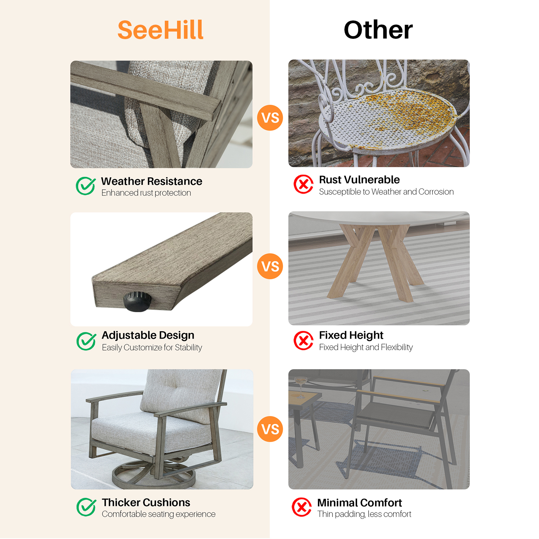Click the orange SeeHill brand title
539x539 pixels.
coord(160,30)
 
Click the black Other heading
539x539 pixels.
coord(378,30)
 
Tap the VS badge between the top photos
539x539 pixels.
coord(270,118)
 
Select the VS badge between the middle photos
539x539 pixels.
coord(270,266)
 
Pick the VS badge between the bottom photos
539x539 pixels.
coord(270,429)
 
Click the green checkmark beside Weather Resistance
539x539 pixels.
coord(86,186)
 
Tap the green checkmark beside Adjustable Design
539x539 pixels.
coord(86,341)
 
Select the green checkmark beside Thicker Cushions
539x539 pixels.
coord(86,507)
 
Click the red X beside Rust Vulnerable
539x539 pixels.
coord(304,184)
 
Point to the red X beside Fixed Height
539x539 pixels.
coord(304,340)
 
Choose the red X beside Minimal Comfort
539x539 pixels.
coord(302,507)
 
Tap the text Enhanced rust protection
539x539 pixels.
coord(146,193)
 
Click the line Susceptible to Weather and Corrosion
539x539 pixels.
coord(386,192)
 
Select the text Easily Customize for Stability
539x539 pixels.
coord(152,347)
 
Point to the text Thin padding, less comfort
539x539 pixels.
coord(364,514)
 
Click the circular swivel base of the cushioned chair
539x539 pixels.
coord(154,475)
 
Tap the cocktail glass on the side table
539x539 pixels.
coord(300,384)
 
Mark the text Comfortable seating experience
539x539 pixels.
coord(159,514)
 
